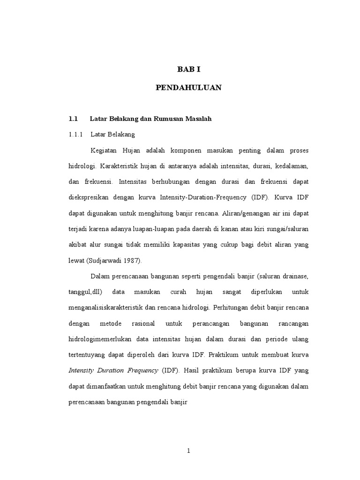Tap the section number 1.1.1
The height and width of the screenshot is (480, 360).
75,135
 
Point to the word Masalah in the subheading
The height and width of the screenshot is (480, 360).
198,119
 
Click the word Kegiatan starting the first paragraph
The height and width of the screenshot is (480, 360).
104,150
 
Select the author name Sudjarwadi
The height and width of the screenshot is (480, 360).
111,261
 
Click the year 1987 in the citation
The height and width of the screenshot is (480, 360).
134,261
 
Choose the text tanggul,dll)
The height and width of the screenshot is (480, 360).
85,292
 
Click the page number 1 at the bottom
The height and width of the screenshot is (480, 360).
188,451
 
